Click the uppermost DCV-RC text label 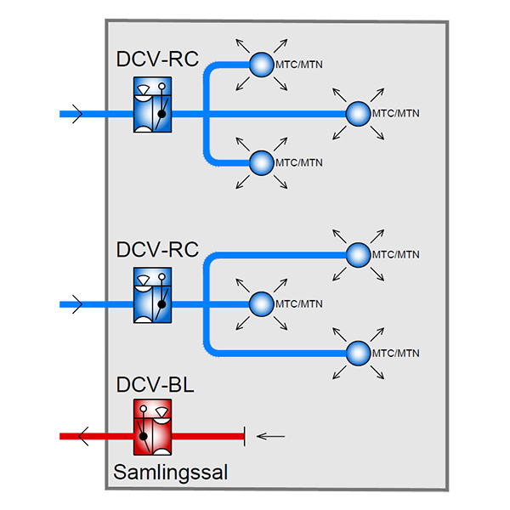click(157, 59)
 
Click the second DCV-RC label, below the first click(157, 250)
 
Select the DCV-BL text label click(156, 385)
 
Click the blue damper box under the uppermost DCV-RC click(153, 104)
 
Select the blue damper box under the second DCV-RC click(153, 294)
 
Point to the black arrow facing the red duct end click(270, 437)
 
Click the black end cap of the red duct click(245, 436)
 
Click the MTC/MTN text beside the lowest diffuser click(396, 353)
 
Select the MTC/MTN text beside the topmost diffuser click(298, 64)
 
